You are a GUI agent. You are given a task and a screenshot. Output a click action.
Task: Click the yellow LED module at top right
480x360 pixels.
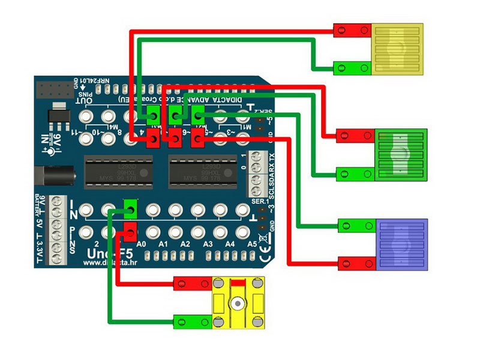pyautogui.click(x=397, y=49)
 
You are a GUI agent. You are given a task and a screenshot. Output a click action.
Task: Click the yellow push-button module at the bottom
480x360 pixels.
pyautogui.click(x=238, y=302)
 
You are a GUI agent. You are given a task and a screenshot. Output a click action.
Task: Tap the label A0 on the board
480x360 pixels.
pyautogui.click(x=142, y=245)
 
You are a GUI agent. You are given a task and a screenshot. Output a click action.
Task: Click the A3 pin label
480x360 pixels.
pyautogui.click(x=208, y=245)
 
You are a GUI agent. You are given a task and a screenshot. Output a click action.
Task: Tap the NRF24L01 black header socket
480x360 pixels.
pyautogui.click(x=53, y=91)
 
